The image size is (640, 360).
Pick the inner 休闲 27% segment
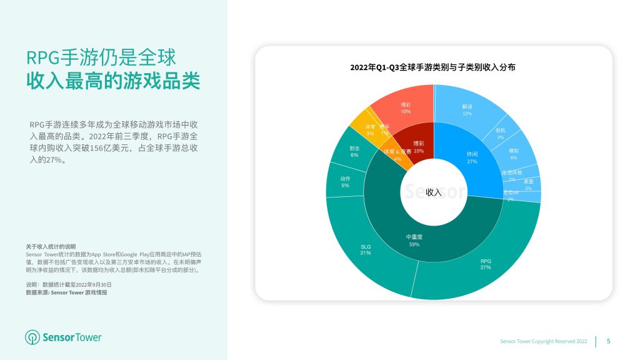[x=472, y=156]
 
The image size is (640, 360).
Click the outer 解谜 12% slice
[x=466, y=109]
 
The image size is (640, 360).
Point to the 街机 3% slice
[x=501, y=133]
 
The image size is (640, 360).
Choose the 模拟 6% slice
[x=514, y=154]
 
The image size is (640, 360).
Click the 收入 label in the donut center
[x=434, y=192]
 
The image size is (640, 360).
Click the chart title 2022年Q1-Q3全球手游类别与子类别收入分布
[x=432, y=67]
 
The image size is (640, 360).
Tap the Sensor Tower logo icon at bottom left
[x=32, y=337]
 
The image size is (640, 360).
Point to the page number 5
[x=609, y=341]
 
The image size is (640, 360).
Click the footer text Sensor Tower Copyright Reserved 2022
[x=544, y=341]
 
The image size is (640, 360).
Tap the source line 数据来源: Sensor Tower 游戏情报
[x=66, y=292]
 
